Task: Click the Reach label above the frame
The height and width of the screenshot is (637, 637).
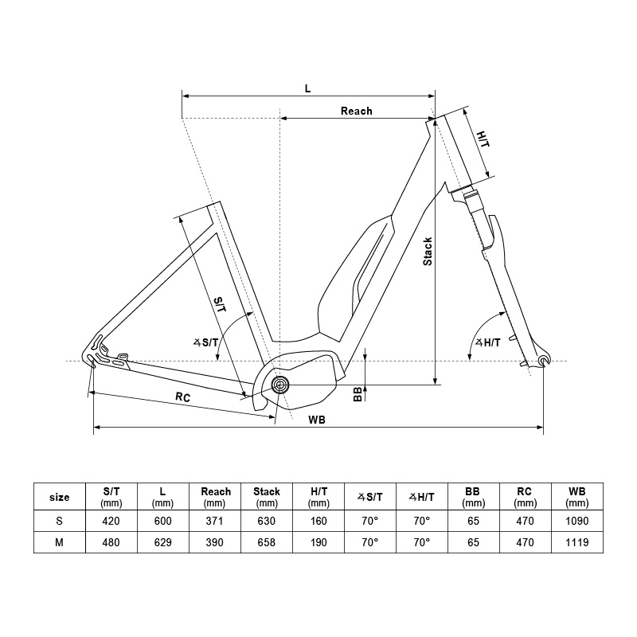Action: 356,111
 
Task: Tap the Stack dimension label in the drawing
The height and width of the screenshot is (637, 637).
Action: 428,252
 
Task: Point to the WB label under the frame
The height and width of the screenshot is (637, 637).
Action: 317,420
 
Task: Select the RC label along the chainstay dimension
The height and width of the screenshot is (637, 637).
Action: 183,397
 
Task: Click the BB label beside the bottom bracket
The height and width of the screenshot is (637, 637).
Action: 358,394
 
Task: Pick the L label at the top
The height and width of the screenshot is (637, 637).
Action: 308,88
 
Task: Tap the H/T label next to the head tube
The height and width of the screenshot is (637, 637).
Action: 483,139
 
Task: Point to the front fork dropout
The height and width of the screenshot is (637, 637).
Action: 544,361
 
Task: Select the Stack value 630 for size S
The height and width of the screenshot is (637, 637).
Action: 267,521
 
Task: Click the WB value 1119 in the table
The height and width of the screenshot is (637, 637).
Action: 576,542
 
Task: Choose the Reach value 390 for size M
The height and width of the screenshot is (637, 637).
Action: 214,542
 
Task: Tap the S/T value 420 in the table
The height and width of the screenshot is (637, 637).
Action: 111,521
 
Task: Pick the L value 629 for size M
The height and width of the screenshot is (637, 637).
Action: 163,542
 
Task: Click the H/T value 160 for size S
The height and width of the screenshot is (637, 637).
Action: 318,521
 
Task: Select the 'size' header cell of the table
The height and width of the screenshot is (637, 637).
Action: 59,497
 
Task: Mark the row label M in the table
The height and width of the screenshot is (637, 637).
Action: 59,542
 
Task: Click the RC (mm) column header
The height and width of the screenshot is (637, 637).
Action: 525,497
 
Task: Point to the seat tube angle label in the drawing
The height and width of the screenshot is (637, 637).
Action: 205,342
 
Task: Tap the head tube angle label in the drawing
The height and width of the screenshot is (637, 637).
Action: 488,342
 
